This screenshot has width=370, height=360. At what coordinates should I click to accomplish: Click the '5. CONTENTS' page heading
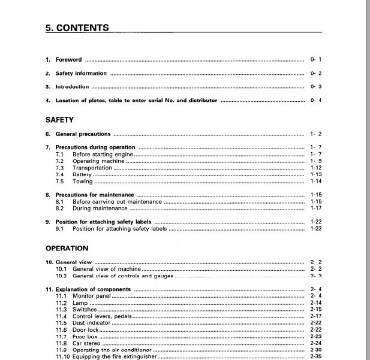click(77, 28)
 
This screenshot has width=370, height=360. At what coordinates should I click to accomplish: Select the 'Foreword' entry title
click(68, 60)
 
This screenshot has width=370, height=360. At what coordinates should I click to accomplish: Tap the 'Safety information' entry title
click(81, 74)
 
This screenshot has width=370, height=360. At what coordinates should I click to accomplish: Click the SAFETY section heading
click(59, 120)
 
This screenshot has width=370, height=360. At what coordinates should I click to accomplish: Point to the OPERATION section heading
click(67, 248)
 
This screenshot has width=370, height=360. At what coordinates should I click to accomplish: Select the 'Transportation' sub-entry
click(92, 168)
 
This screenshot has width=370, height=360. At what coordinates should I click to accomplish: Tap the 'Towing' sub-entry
click(83, 181)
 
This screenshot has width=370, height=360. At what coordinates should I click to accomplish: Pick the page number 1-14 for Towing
click(316, 181)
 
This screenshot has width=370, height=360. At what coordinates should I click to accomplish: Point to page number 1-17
click(316, 208)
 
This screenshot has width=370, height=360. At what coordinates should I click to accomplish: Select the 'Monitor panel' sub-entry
click(92, 296)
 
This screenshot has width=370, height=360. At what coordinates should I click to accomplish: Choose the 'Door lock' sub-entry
click(86, 330)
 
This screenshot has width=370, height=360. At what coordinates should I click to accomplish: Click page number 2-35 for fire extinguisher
click(316, 357)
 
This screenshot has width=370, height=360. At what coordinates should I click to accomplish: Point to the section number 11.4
click(61, 316)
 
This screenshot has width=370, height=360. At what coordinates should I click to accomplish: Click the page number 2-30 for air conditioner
click(316, 350)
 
